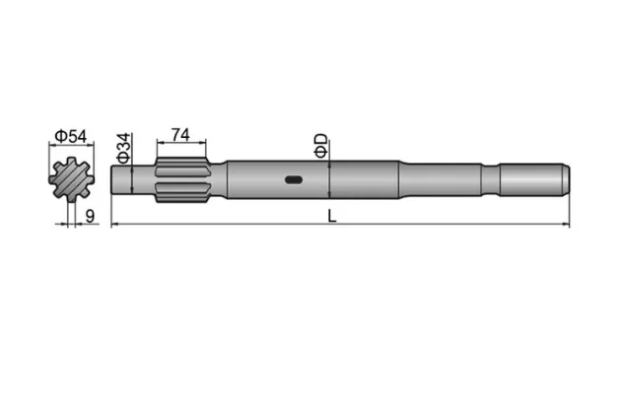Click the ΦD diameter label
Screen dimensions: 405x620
pos(319,146)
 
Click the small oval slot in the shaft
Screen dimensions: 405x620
pos(293,179)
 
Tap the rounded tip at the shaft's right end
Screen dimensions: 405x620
pos(565,179)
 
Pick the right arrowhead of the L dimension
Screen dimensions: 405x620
pos(567,226)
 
